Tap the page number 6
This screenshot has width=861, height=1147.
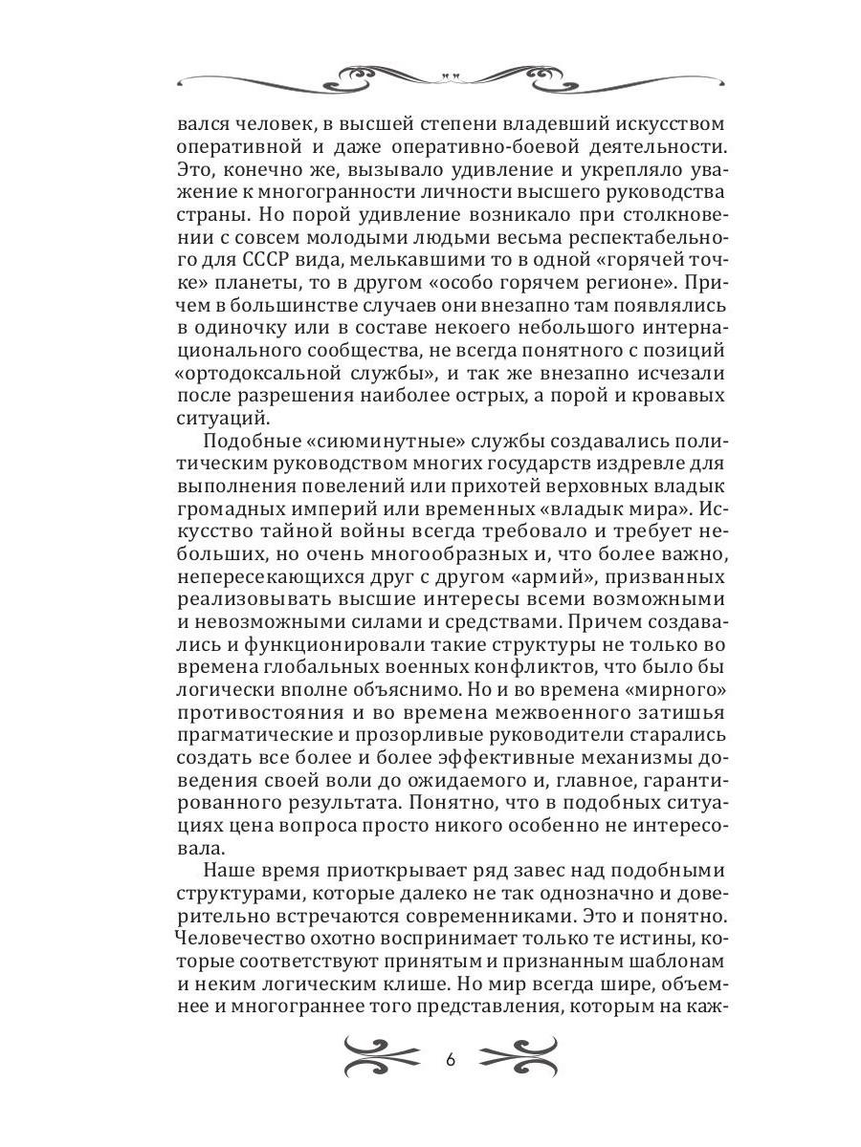pyautogui.click(x=451, y=1061)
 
